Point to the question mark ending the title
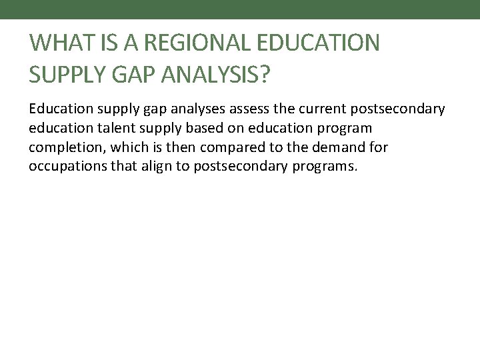pyautogui.click(x=265, y=75)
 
